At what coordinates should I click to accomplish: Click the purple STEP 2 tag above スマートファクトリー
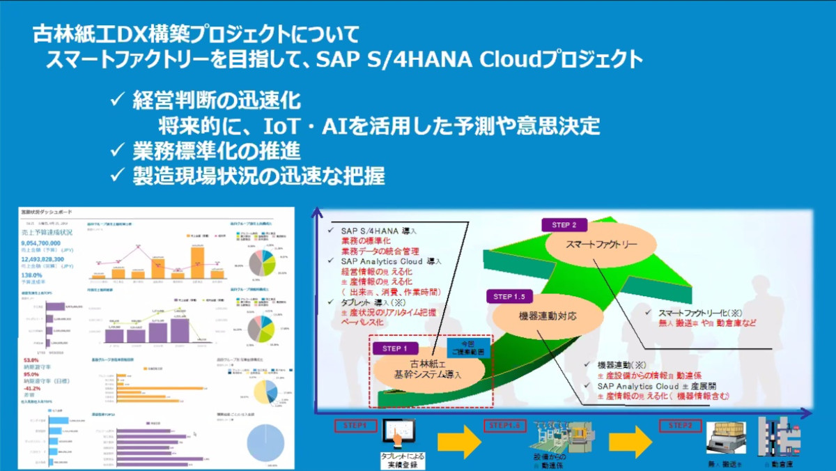click(564, 225)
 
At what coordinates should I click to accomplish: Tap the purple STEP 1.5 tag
click(511, 296)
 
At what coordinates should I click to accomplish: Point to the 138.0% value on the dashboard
click(34, 276)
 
